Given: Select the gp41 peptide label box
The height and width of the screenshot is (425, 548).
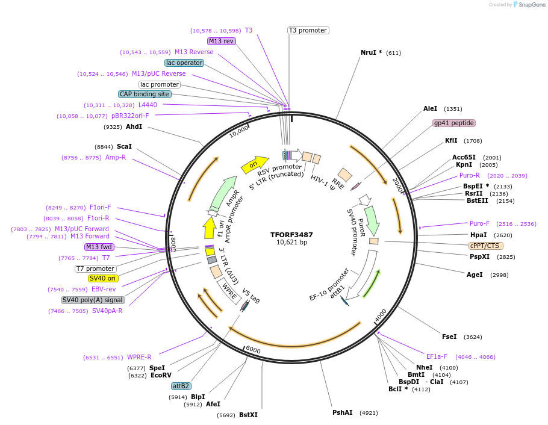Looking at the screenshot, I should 454,123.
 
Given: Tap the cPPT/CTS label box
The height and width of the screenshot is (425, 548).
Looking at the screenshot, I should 485,246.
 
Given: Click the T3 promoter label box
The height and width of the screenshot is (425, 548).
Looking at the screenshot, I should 308,30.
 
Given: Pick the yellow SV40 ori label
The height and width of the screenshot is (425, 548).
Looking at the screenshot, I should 102,278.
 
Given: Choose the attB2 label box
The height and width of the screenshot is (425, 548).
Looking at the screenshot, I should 181,386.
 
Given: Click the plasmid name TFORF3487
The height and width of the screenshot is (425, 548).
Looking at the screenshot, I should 291,234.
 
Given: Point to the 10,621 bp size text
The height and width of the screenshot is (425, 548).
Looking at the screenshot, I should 291,243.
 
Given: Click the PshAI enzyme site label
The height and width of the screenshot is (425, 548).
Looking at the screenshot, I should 342,412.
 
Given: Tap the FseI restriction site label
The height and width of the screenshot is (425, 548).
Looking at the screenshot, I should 449,337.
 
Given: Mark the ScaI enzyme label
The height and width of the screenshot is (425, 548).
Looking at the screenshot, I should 124,146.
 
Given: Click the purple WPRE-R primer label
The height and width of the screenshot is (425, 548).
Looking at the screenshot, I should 139,357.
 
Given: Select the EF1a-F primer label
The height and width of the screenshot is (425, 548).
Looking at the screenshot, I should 437,356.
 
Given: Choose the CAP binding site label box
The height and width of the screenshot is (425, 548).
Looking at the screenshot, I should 145,94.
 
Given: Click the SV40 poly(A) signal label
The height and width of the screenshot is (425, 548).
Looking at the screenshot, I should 93,300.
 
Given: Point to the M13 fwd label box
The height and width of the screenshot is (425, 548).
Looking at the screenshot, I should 99,247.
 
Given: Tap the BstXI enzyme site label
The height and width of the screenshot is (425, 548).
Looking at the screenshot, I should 248,415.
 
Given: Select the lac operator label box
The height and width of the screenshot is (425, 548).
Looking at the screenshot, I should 184,63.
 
